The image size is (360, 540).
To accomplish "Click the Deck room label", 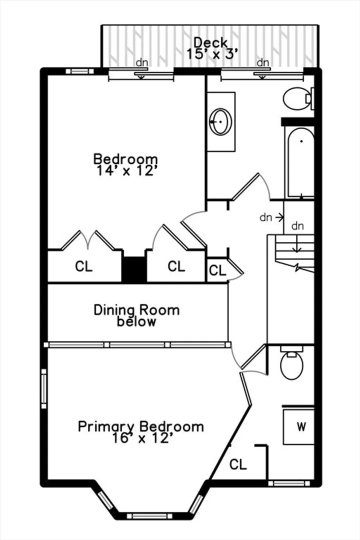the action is (x=210, y=42).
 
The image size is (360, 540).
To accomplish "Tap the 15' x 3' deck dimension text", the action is (x=212, y=54).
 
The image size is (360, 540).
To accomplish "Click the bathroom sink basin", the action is (x=220, y=121).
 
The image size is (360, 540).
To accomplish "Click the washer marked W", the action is (x=298, y=426).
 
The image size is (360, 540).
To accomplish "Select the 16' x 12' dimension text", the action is (x=141, y=438).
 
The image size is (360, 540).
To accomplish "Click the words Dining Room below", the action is (x=137, y=315).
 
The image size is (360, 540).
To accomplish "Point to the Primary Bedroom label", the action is (x=141, y=426).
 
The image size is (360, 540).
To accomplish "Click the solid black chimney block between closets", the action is (x=134, y=269).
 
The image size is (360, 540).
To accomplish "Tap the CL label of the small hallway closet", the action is (x=217, y=270).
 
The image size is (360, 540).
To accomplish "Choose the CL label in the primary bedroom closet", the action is (x=238, y=464).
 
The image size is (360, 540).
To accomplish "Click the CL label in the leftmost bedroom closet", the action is (x=83, y=266).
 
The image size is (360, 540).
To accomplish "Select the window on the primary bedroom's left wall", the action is (x=44, y=389).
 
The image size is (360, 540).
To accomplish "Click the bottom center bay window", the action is (x=149, y=516).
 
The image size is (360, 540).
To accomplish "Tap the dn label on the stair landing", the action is (x=297, y=226).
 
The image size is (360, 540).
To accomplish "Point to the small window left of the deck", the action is (x=79, y=71).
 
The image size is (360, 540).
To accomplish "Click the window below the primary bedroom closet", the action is (x=288, y=483).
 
